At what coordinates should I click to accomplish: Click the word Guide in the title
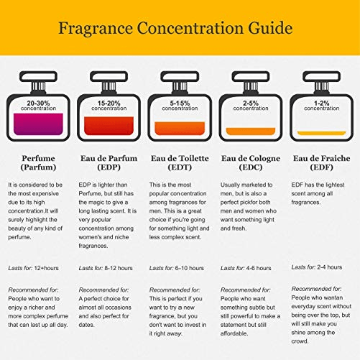pos(270,29)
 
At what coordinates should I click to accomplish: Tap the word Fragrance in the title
pos(96,29)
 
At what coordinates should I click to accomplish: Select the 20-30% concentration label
pos(38,106)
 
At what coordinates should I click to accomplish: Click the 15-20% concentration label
pos(109,106)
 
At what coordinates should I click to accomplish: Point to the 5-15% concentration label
pos(180,106)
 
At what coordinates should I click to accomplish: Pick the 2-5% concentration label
pos(251,106)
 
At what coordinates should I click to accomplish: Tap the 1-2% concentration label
pos(322,106)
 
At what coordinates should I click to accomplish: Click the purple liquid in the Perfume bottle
pos(38,124)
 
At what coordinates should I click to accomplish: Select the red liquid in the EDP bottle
pos(109,126)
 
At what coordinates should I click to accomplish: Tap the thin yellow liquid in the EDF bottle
pos(321,133)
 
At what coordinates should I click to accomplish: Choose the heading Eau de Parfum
pos(109,158)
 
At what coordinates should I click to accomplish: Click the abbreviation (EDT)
pos(180,167)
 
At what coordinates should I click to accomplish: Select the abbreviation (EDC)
pos(251,167)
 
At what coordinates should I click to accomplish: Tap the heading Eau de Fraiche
pos(321,158)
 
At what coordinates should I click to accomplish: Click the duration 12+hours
pos(46,268)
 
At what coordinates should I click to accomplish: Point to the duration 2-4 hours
pos(330,267)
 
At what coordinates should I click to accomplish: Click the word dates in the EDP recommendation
pos(86,325)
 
